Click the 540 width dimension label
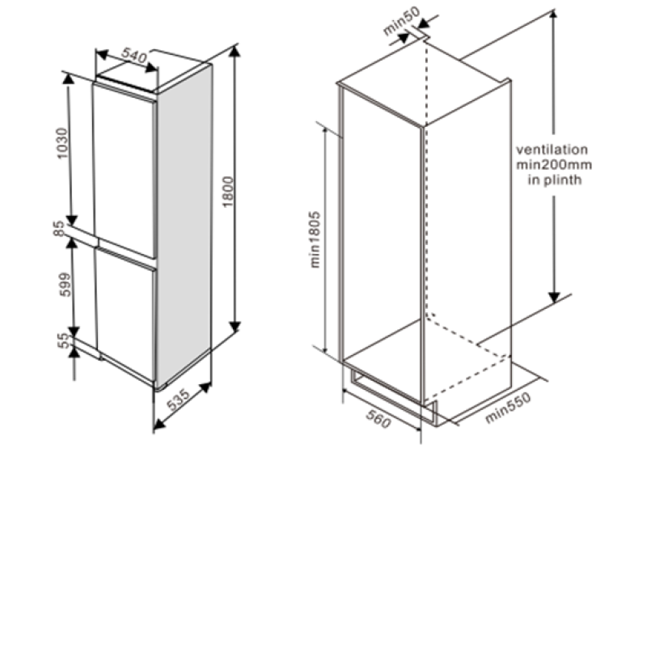pyautogui.click(x=134, y=55)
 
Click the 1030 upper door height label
pyautogui.click(x=62, y=143)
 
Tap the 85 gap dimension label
pyautogui.click(x=59, y=229)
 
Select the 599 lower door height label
pyautogui.click(x=66, y=285)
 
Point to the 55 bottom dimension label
pyautogui.click(x=64, y=340)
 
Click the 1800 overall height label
pyautogui.click(x=228, y=192)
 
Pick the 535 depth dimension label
pyautogui.click(x=179, y=400)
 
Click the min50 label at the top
pyautogui.click(x=401, y=21)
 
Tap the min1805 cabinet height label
pyautogui.click(x=315, y=239)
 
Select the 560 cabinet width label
pyautogui.click(x=378, y=419)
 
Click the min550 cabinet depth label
pyautogui.click(x=508, y=408)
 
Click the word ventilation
pyautogui.click(x=552, y=150)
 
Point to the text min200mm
pyautogui.click(x=554, y=165)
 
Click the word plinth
pyautogui.click(x=563, y=180)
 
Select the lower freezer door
pyautogui.click(x=126, y=315)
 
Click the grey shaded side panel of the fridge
pyautogui.click(x=184, y=226)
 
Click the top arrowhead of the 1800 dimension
pyautogui.click(x=235, y=51)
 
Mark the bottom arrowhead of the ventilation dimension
pyautogui.click(x=554, y=297)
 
